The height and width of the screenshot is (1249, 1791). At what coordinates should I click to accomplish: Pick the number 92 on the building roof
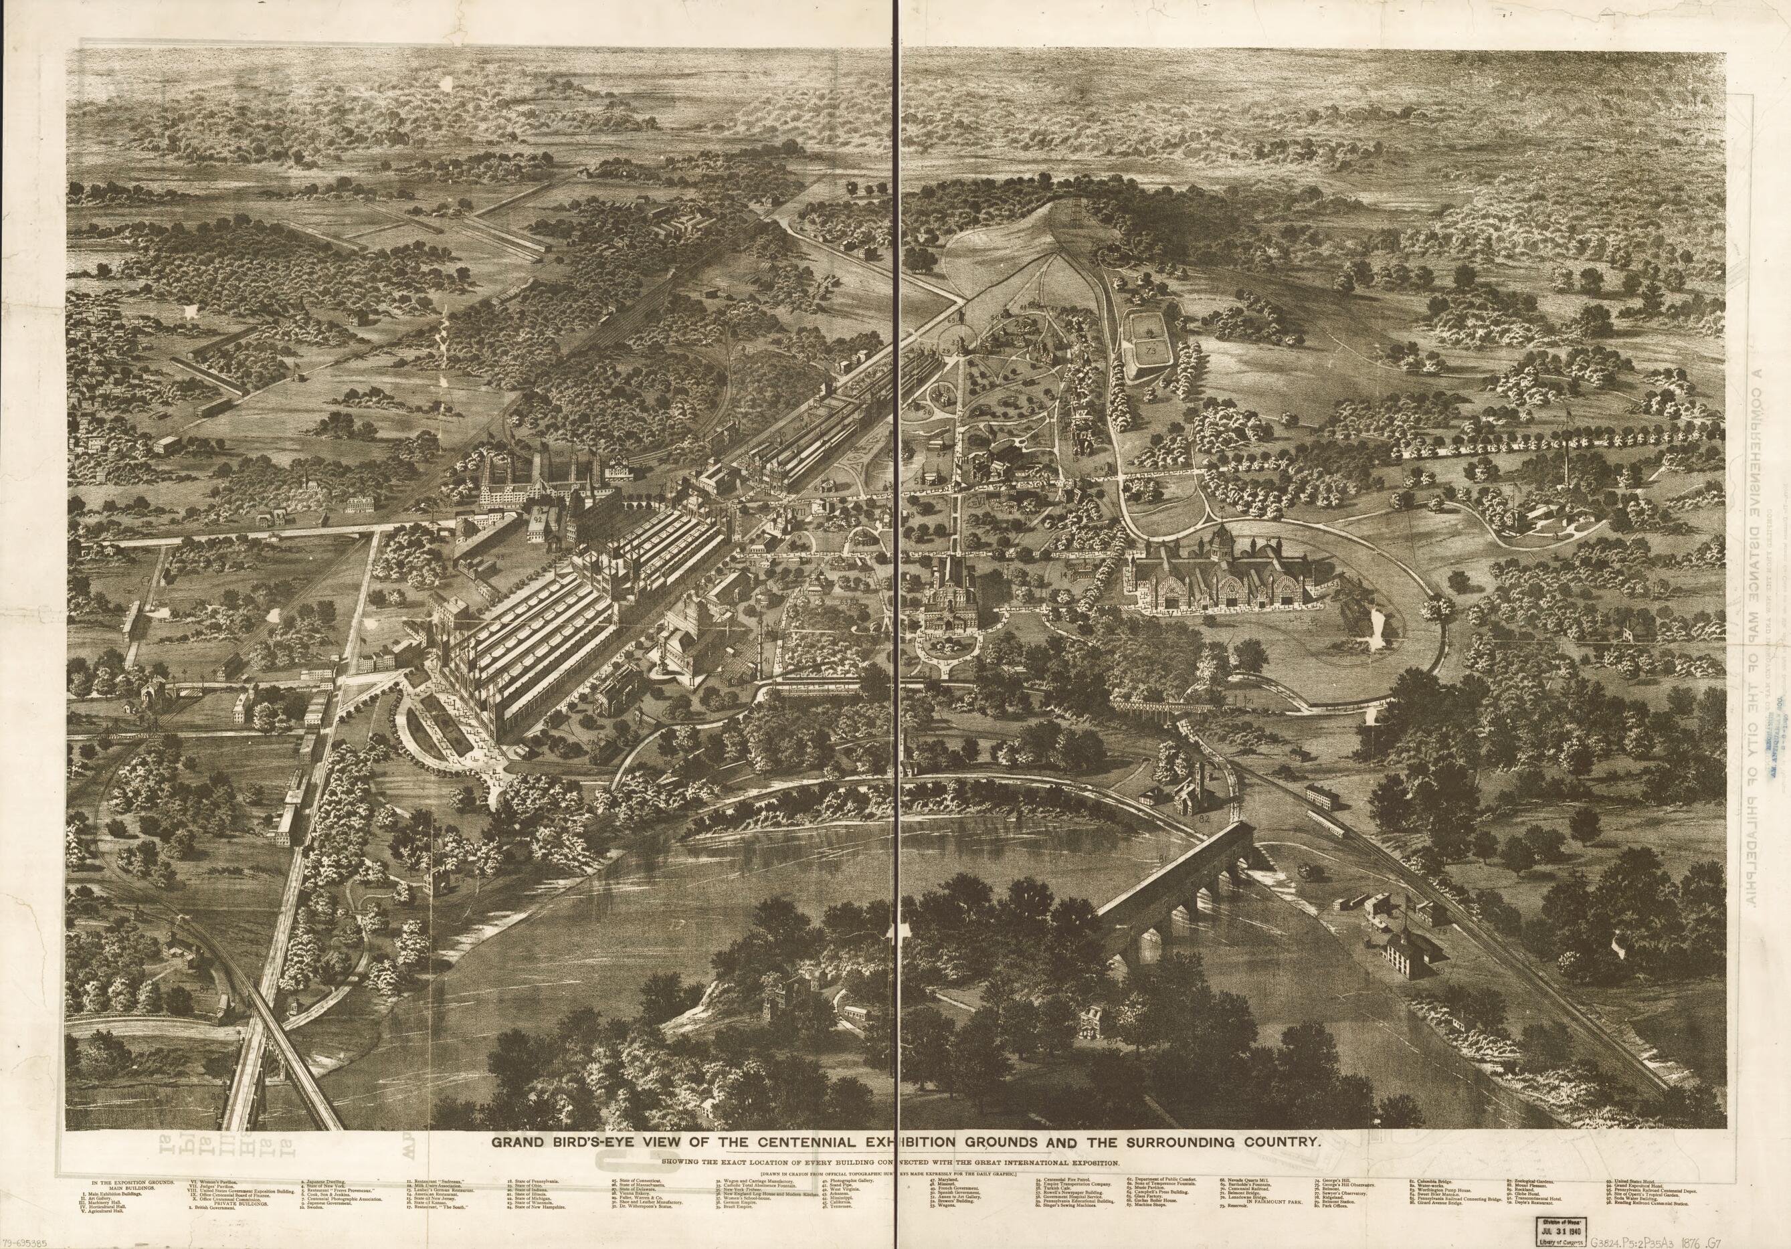click(538, 520)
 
